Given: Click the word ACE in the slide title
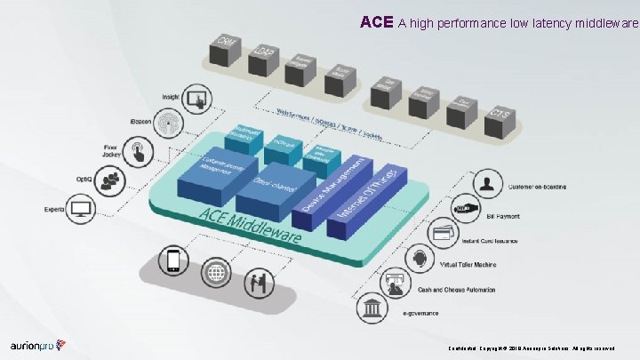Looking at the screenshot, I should tap(376, 21).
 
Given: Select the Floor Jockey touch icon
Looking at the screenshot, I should tap(140, 151).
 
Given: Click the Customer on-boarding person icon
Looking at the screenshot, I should tap(488, 185).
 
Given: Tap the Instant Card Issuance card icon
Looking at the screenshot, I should tap(441, 233).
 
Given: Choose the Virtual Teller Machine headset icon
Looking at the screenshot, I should tap(418, 259).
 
